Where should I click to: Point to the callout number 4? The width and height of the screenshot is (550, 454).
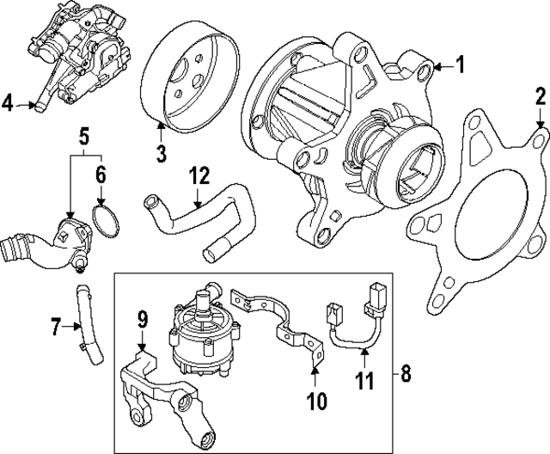tap(8, 105)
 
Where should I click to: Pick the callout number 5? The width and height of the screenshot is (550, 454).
tap(84, 136)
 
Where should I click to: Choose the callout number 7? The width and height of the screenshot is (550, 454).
tap(56, 327)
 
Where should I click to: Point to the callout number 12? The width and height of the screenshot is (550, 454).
tap(199, 176)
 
